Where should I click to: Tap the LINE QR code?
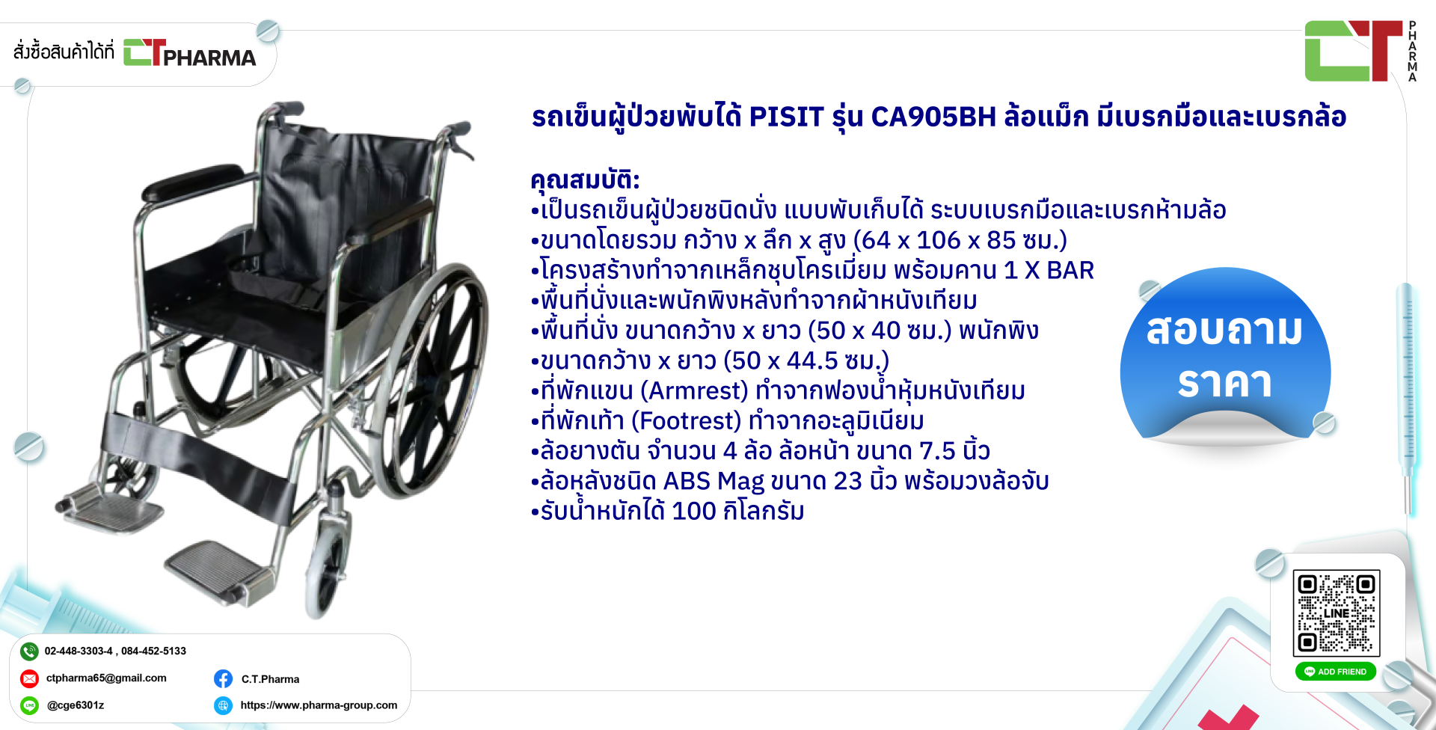1337,613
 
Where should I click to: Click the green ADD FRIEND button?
1336,672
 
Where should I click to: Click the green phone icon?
29,651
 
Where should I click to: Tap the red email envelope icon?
29,678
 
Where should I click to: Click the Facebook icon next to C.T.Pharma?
223,678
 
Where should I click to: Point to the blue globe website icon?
223,705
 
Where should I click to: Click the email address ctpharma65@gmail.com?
106,678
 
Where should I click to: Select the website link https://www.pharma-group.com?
319,705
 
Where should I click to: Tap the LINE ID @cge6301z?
76,705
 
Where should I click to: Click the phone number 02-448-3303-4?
78,651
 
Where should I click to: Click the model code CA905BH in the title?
933,117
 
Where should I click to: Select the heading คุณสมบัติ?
585,180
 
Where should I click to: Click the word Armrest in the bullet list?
699,390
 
